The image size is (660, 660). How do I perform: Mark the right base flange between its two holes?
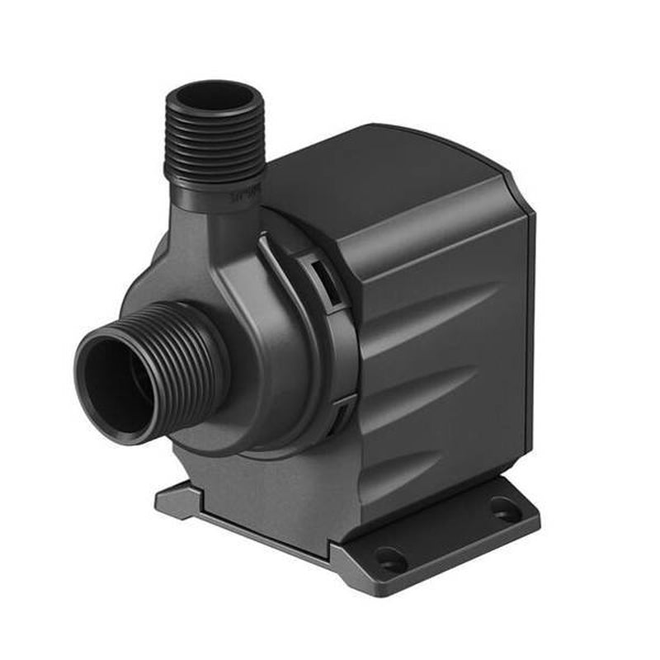(x=450, y=536)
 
